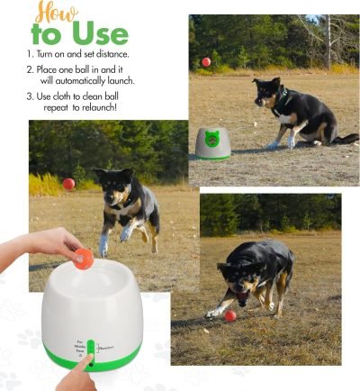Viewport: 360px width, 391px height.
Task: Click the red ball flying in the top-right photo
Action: [205, 62]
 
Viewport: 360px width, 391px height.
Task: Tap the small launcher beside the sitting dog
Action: [213, 142]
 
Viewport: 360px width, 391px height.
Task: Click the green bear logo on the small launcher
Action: [214, 137]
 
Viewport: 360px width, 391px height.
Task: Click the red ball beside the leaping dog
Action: [68, 184]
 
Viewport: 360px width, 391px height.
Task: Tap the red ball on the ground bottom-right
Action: [230, 315]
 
